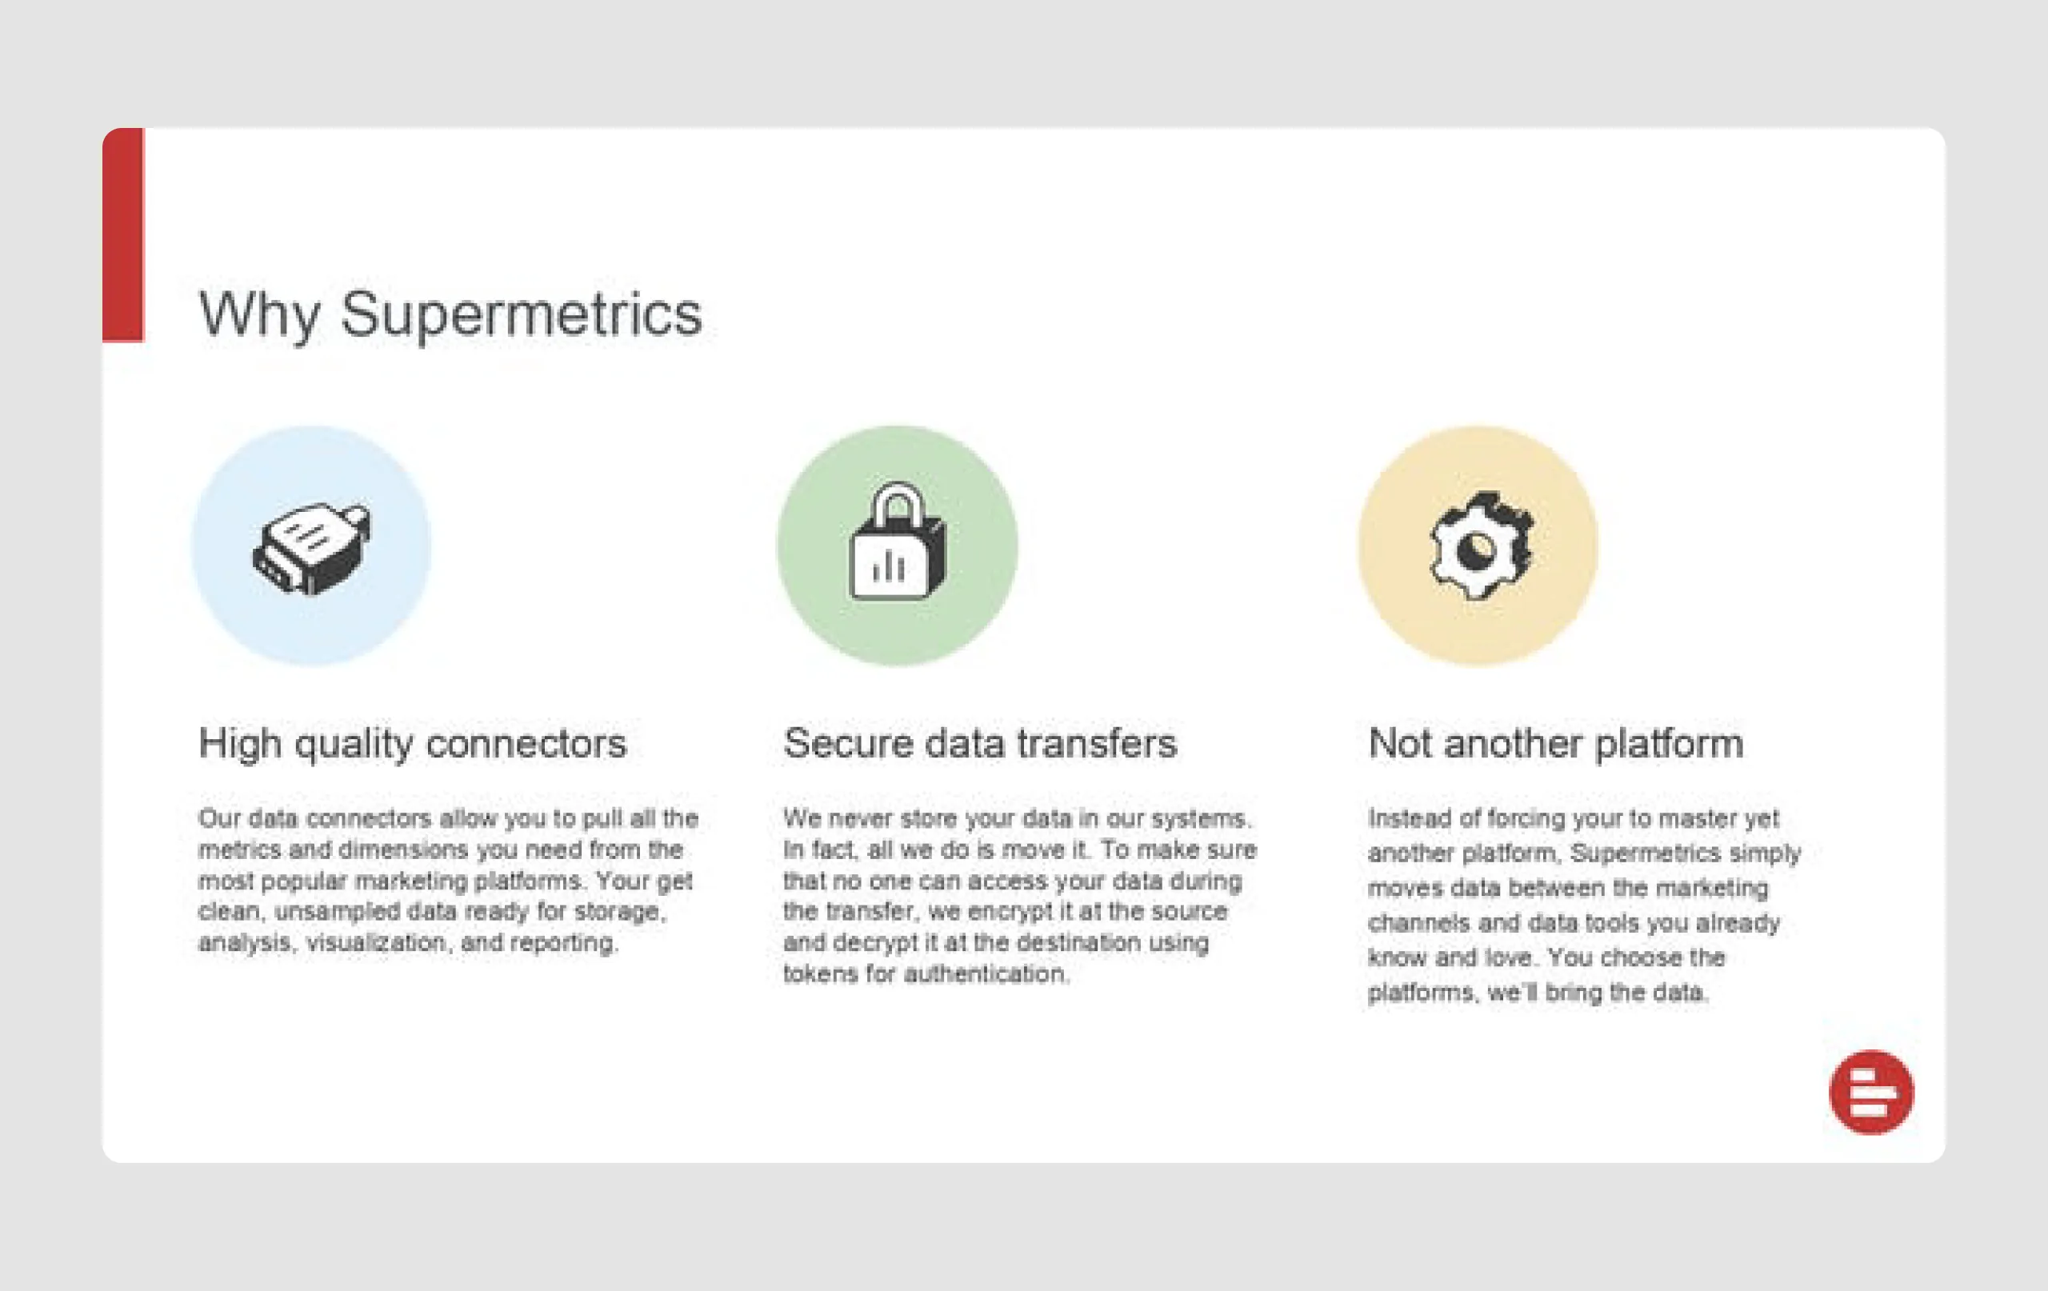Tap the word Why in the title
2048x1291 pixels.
coord(259,315)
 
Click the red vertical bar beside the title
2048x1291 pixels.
coord(123,234)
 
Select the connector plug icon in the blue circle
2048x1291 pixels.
coord(311,547)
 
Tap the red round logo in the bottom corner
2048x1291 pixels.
coord(1871,1092)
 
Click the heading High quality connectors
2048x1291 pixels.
coord(413,743)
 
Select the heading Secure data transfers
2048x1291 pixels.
coord(980,743)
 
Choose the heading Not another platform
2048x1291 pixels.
coord(1555,743)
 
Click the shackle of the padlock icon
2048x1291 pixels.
coord(897,503)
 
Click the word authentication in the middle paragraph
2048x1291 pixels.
coord(985,973)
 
